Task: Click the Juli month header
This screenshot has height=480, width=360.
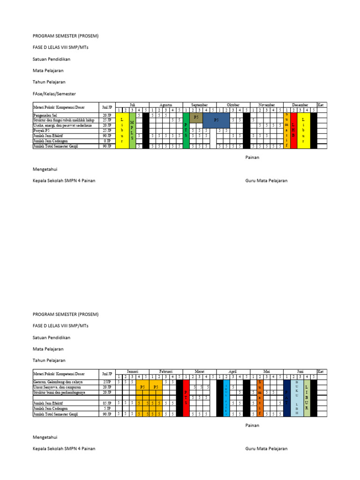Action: point(132,105)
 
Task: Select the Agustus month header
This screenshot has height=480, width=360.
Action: point(166,105)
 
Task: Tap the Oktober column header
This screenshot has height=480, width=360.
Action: point(233,105)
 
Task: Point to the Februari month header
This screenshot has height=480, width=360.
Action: point(166,371)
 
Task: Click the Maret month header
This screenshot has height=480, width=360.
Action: point(200,371)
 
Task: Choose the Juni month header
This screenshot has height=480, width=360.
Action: point(300,371)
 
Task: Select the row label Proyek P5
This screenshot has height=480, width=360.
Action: point(43,130)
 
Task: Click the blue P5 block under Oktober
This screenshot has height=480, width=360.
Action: point(216,120)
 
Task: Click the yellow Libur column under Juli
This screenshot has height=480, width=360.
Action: point(122,130)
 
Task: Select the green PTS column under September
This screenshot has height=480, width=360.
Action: point(186,130)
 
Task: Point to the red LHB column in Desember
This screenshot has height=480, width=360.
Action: point(293,130)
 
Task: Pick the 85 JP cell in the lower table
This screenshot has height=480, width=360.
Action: point(107,403)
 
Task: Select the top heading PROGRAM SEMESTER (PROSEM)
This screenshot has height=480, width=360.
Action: point(66,36)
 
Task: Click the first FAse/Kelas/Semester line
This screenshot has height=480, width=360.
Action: point(54,94)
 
